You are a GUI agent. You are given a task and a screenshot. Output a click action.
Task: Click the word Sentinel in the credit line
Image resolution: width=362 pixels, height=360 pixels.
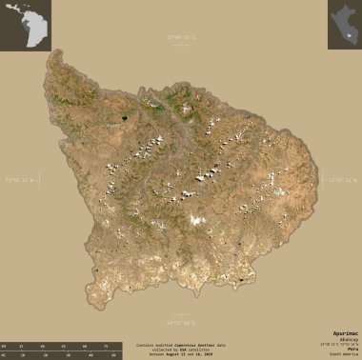click(x=202, y=340)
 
